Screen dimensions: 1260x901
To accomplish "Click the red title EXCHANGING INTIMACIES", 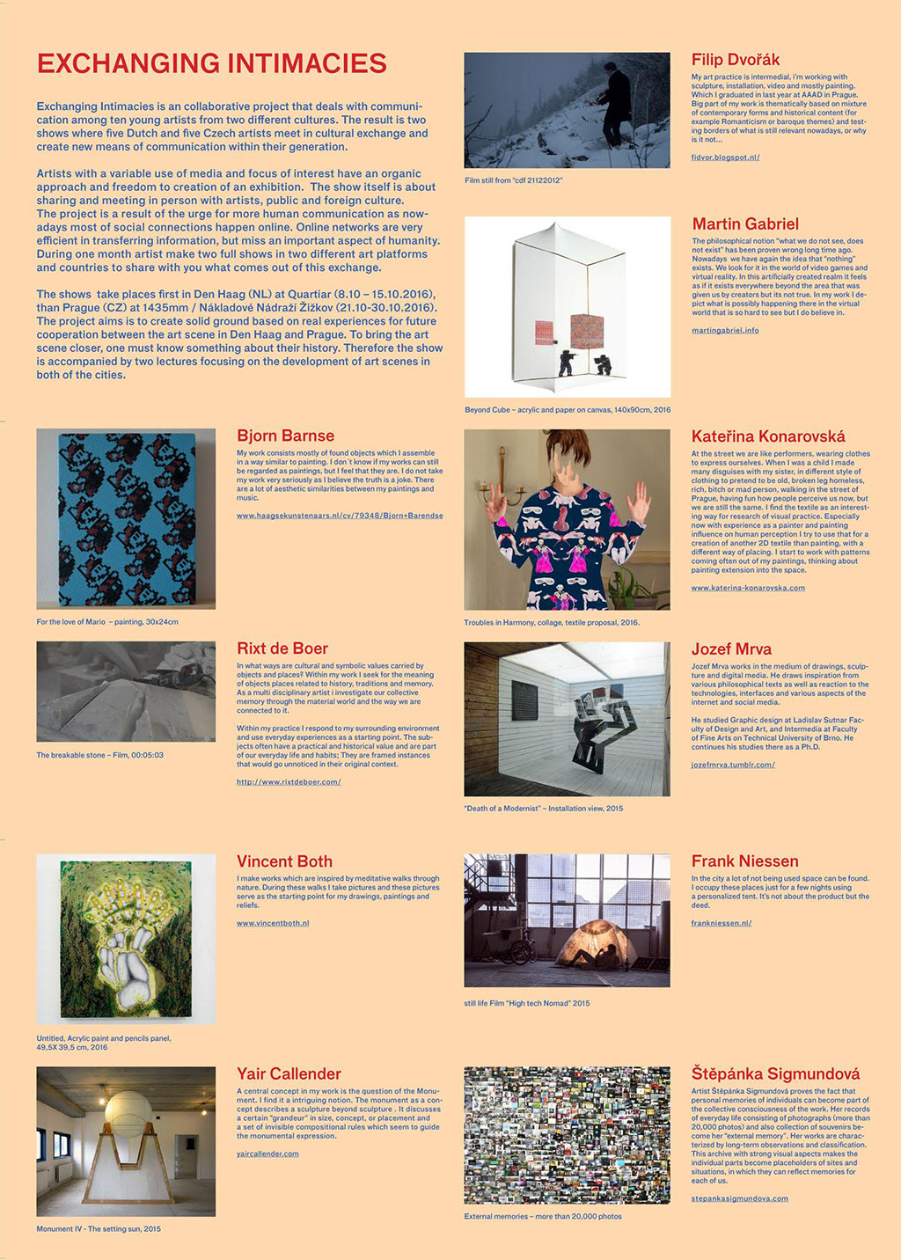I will (211, 63).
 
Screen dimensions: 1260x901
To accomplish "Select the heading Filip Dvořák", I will (736, 60).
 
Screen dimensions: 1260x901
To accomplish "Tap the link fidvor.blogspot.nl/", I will (725, 157).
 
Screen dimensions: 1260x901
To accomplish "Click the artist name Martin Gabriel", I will (745, 223).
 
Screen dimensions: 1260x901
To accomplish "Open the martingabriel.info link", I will (725, 331).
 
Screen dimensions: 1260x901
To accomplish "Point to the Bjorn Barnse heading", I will (285, 436).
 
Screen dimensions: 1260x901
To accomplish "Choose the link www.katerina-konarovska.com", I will (748, 588).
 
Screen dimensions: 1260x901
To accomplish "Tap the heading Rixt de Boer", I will (282, 648).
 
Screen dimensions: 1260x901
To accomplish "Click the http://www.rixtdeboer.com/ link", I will (289, 781).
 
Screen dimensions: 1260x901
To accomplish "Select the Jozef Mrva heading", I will (731, 648).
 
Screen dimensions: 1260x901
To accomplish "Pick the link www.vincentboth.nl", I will (273, 923).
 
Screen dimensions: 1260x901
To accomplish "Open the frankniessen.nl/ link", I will (722, 923).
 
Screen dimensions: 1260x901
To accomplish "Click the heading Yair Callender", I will (289, 1073).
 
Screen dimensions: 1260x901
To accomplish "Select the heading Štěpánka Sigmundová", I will (775, 1073).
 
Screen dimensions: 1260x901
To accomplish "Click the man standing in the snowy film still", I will (617, 104).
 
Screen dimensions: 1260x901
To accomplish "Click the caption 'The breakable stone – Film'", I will (99, 755).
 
